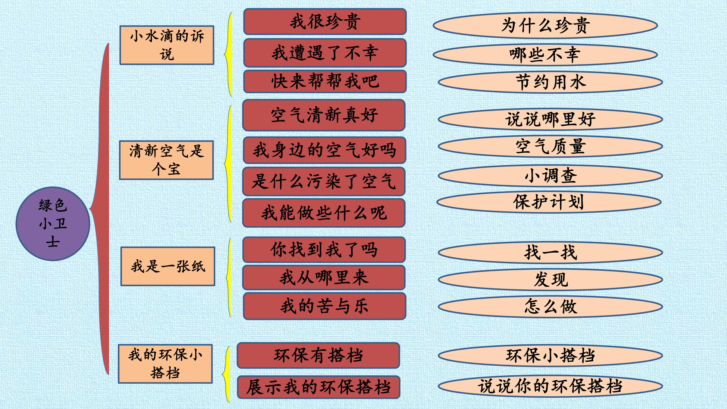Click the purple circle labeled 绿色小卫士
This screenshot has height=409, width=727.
[x=53, y=224]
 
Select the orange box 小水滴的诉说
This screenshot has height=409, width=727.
[x=167, y=45]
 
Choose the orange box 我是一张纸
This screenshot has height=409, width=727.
[x=168, y=266]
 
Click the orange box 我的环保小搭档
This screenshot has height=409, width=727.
[x=165, y=364]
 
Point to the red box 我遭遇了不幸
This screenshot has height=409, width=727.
[x=325, y=53]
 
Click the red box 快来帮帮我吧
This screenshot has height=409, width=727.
[x=325, y=81]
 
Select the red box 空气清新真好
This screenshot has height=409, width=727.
[x=324, y=115]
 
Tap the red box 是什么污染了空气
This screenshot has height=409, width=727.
[x=324, y=181]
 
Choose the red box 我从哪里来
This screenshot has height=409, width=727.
[x=324, y=277]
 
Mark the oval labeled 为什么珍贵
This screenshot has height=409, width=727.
[x=545, y=25]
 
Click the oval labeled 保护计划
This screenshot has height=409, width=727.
[x=549, y=202]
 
